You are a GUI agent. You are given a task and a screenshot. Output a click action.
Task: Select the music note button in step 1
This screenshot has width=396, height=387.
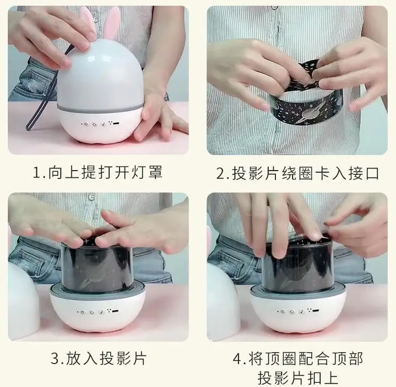point(103,124)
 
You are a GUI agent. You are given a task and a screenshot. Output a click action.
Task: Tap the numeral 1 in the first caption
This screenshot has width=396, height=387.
point(37,173)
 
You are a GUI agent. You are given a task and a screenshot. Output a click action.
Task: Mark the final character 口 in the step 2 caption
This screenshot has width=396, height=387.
point(372,173)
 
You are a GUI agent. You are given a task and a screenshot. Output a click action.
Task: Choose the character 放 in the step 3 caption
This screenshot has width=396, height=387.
point(73,358)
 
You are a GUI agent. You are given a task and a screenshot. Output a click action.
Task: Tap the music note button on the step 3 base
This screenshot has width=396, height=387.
point(101,312)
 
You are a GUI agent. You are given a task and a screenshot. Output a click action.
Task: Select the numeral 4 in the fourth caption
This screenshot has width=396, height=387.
point(237,359)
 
